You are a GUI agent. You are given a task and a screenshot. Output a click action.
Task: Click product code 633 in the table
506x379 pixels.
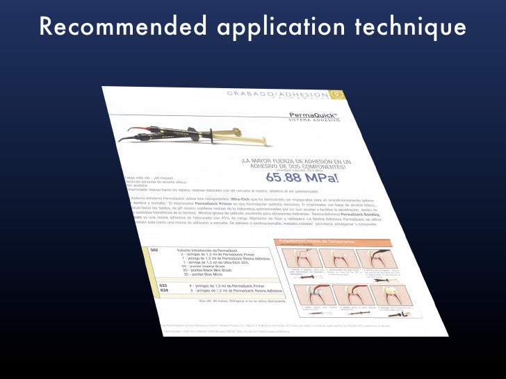163,285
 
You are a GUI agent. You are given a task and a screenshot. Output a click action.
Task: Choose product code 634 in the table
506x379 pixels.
164,291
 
